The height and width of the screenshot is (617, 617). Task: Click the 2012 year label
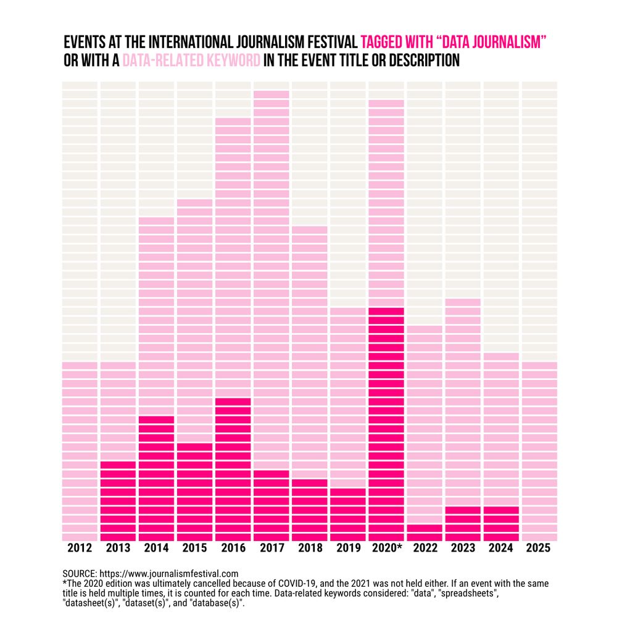(x=80, y=548)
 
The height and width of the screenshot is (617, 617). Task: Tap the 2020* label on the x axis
(x=386, y=548)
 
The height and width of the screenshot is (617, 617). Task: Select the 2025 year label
(x=539, y=548)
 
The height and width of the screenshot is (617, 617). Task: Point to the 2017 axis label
(x=271, y=548)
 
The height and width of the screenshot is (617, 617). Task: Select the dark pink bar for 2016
(x=233, y=469)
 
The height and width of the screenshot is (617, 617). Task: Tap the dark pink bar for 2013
(x=118, y=500)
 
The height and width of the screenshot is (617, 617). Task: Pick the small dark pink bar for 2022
(x=424, y=532)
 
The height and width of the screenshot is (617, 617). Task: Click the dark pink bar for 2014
(x=157, y=478)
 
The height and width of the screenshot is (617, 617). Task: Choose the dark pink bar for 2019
(x=348, y=514)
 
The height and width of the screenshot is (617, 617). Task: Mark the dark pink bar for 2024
(x=501, y=523)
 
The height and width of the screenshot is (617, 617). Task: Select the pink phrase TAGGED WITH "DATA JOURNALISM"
(x=454, y=43)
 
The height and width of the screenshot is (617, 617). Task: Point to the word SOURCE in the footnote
(x=80, y=574)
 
